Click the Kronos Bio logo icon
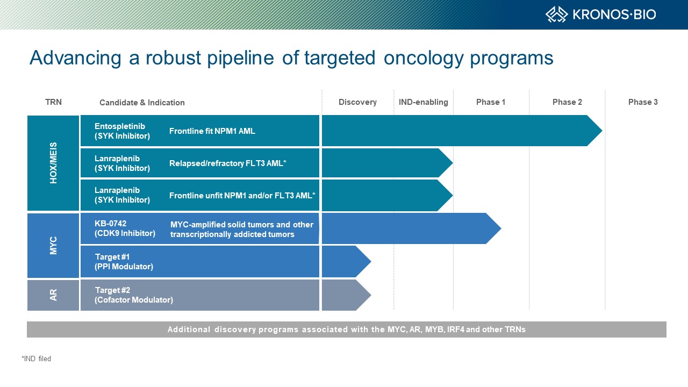point(556,15)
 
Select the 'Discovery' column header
point(357,102)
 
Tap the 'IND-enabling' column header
point(423,102)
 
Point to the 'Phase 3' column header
point(643,102)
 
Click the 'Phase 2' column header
point(567,102)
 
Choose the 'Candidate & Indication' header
point(142,103)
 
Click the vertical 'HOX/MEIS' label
point(53,163)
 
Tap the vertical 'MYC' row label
point(53,246)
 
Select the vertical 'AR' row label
point(53,295)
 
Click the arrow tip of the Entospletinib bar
point(602,131)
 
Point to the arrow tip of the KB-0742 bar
point(501,228)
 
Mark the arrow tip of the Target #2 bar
point(371,295)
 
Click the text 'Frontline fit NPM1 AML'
point(212,131)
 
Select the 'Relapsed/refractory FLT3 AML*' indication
point(227,163)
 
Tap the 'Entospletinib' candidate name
point(119,126)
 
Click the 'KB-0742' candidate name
point(110,223)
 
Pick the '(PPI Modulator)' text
point(124,266)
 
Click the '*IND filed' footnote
point(36,359)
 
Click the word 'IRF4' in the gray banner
point(455,329)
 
